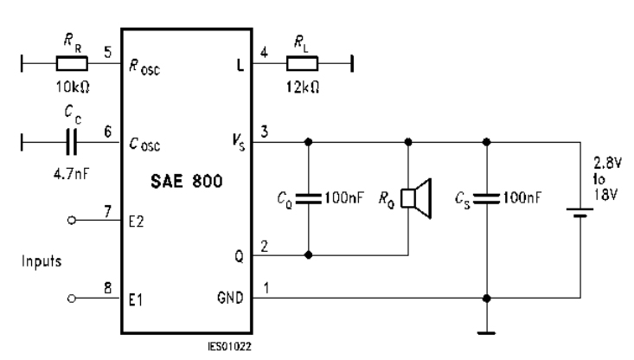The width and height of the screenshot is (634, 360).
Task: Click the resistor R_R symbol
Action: [x=70, y=62]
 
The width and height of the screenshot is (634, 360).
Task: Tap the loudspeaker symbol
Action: [x=419, y=199]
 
